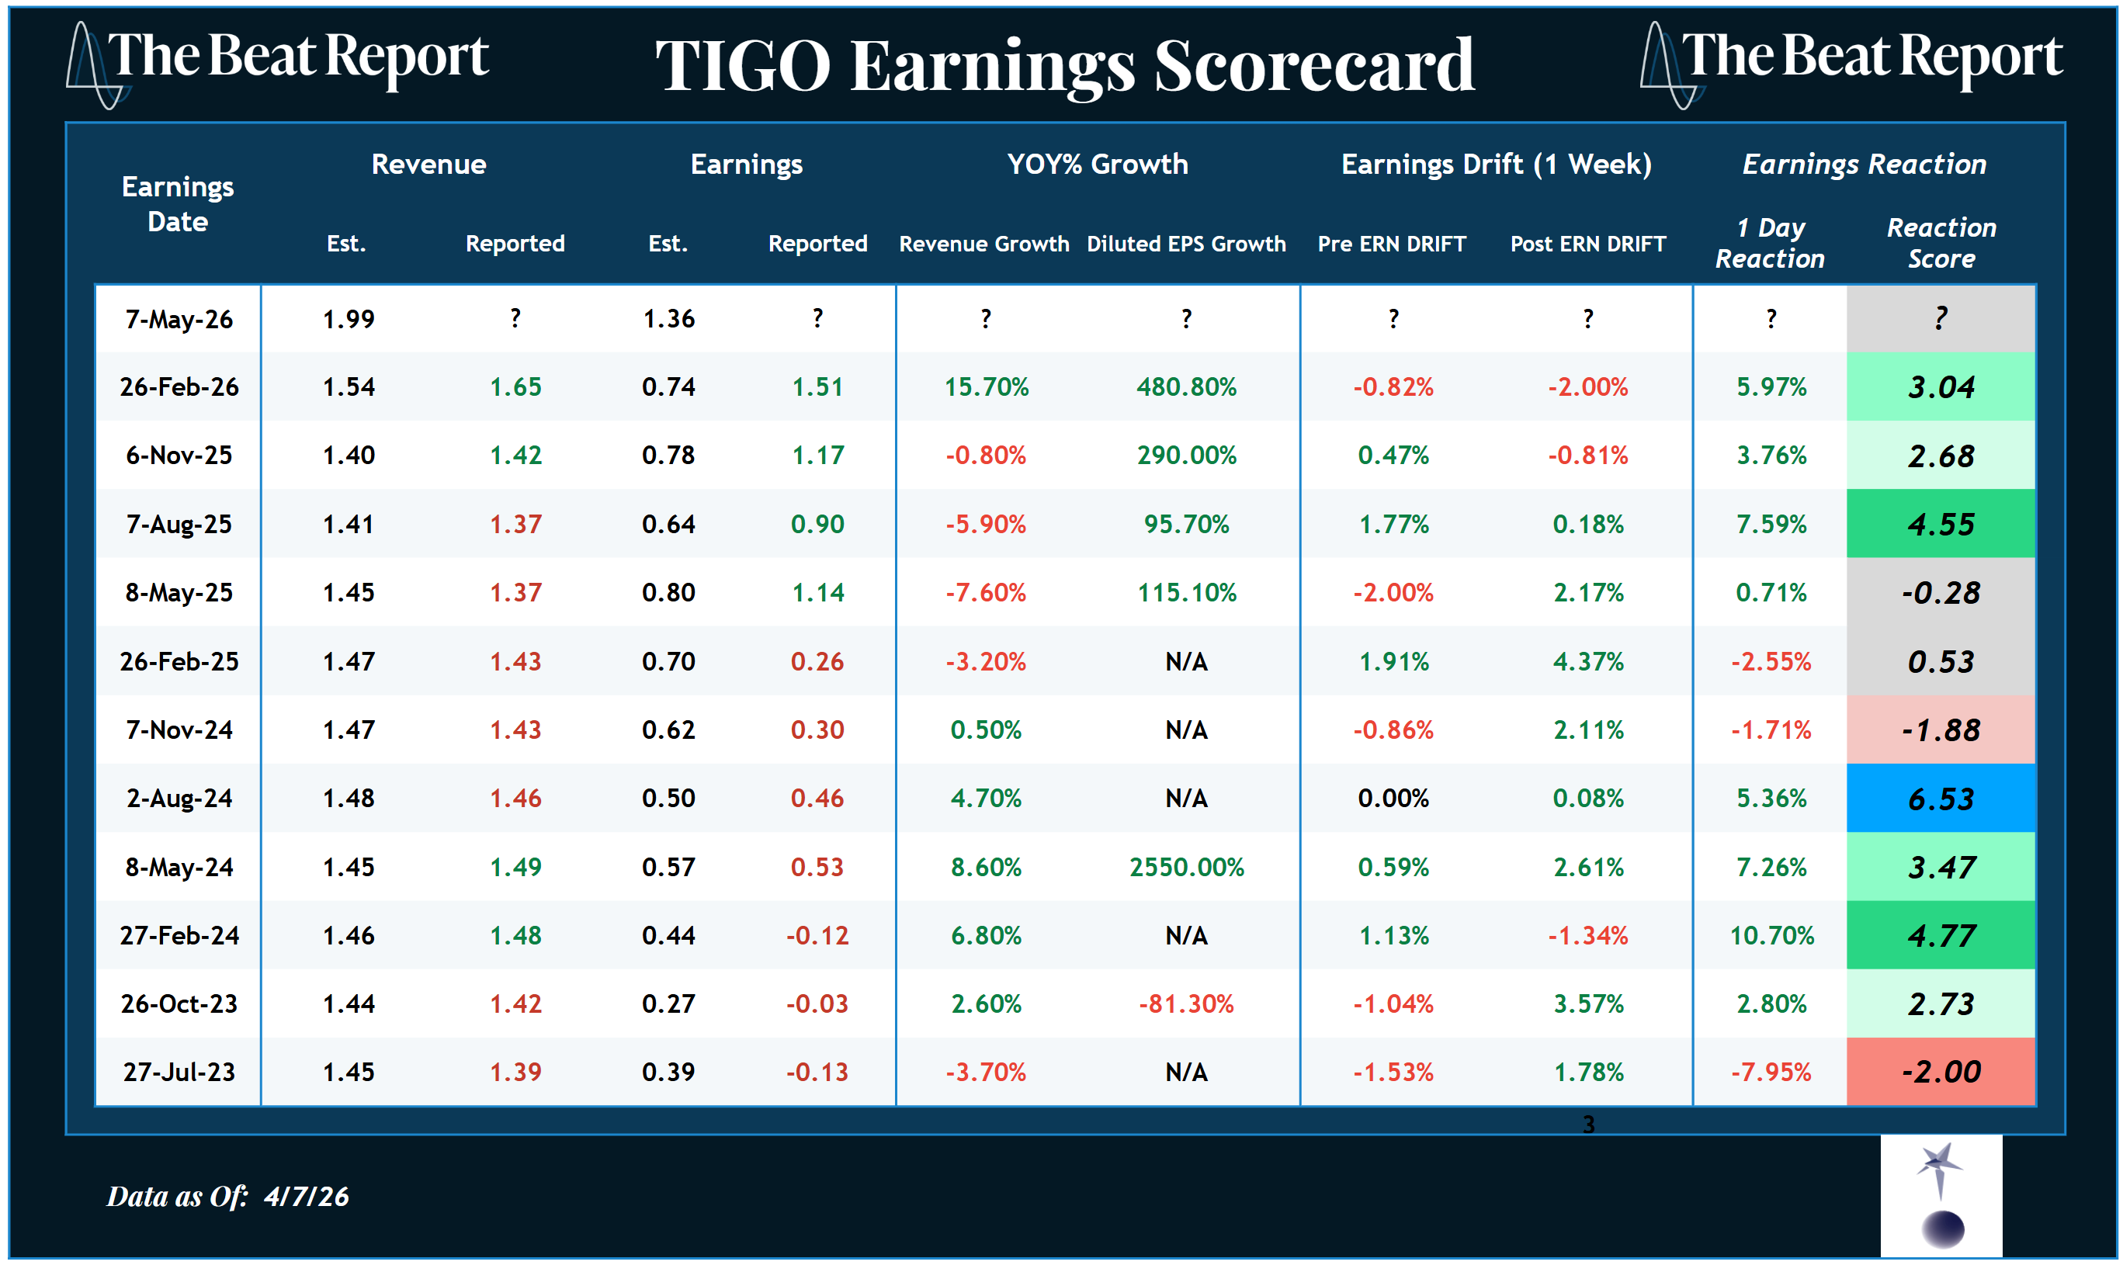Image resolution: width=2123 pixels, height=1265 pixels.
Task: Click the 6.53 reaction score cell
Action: (1940, 799)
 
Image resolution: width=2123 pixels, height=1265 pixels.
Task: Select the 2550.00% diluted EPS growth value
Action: (1186, 867)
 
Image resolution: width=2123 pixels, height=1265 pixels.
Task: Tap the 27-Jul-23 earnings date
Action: (179, 1072)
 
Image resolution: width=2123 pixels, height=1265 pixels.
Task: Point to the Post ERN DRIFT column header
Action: (1587, 244)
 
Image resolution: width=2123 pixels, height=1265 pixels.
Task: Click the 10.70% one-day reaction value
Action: (1771, 935)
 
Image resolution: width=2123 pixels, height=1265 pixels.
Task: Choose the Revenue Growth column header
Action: (984, 244)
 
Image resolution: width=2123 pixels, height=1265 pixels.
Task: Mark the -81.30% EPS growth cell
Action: (1186, 1003)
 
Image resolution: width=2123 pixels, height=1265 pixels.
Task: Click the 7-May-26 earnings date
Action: (179, 319)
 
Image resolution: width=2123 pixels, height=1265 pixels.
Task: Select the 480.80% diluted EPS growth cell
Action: (1186, 387)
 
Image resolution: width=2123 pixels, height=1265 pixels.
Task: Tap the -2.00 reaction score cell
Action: (1940, 1072)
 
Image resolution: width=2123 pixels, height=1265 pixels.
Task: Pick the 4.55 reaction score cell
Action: (1940, 525)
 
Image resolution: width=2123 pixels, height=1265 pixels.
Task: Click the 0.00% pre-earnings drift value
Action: (1393, 799)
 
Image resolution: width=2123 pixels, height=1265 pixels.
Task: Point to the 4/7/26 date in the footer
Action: (306, 1196)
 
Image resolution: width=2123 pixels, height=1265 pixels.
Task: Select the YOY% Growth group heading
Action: (1098, 164)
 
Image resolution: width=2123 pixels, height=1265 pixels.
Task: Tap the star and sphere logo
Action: (1941, 1195)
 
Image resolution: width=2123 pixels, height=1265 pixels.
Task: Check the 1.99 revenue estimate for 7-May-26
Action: (348, 319)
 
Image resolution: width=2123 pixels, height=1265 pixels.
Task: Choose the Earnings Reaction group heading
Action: (1864, 164)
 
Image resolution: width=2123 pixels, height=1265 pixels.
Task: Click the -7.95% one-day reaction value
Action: (1771, 1072)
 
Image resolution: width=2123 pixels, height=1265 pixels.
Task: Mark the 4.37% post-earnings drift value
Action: (1587, 661)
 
